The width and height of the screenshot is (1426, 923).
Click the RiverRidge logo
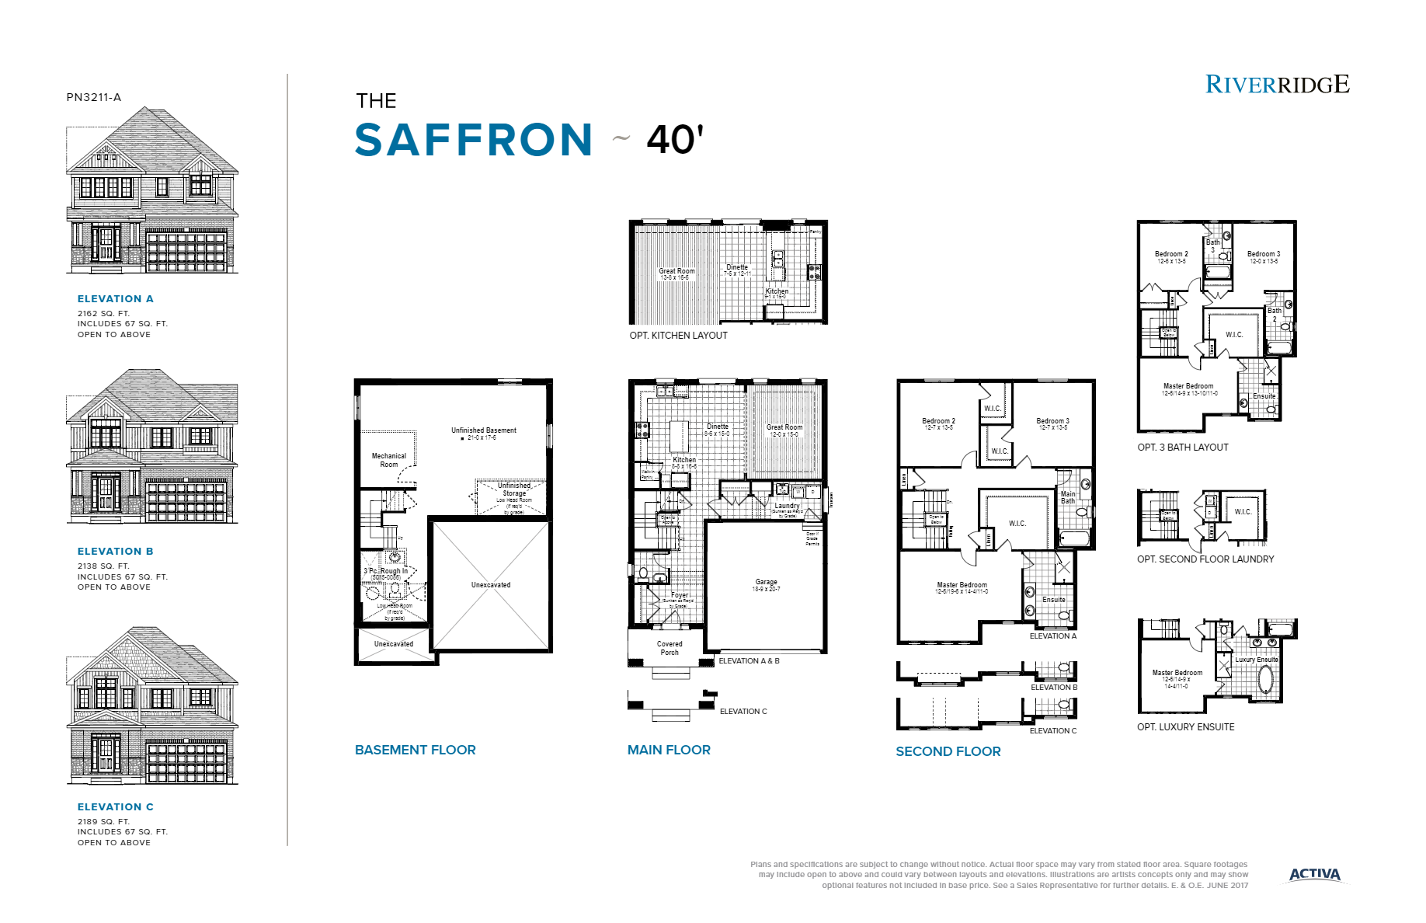(x=1277, y=84)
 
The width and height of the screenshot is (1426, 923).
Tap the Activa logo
(x=1314, y=874)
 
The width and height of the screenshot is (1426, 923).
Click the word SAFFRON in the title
(x=474, y=140)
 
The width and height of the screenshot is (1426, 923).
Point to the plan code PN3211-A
(x=94, y=97)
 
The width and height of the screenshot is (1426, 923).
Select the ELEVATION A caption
(x=115, y=298)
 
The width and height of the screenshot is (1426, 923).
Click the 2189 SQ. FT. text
(x=103, y=821)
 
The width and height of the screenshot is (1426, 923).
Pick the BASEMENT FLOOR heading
(x=415, y=750)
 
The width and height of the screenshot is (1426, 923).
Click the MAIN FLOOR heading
(x=669, y=750)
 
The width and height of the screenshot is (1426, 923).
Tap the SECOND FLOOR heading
(x=948, y=751)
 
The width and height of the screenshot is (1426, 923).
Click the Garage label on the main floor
(x=766, y=582)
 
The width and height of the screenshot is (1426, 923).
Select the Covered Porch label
(x=670, y=648)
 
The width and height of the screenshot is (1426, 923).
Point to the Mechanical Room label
(x=388, y=460)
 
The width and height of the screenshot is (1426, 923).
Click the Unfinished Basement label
(x=483, y=430)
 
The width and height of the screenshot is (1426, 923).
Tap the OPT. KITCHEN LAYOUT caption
(x=678, y=336)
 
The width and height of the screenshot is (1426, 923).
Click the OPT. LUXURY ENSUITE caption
(x=1185, y=727)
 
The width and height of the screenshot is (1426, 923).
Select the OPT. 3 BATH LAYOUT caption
(x=1182, y=448)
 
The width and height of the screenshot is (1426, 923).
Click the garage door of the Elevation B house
(x=186, y=502)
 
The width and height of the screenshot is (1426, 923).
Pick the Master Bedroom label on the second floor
(x=962, y=585)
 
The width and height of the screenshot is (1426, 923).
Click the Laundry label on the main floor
(x=787, y=506)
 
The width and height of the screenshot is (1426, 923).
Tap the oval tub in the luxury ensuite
(x=1265, y=679)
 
